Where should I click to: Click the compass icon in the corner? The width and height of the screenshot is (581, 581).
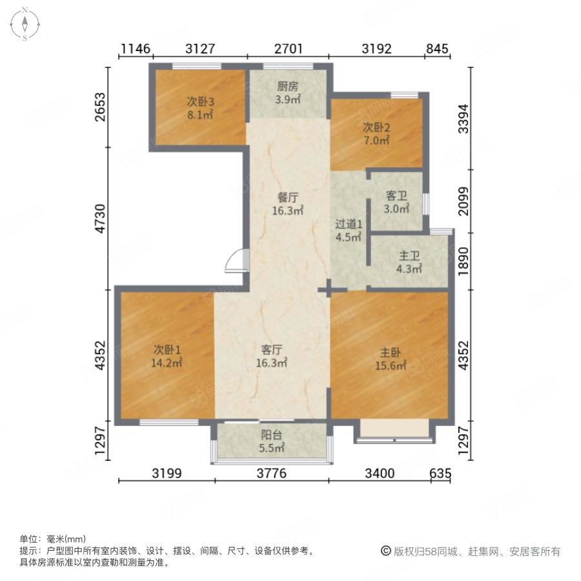coord(25,24)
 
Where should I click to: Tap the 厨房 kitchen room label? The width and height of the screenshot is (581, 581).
coord(287,87)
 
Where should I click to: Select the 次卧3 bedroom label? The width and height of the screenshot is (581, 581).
coord(200,101)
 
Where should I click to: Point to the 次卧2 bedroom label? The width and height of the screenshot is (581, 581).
coord(376,128)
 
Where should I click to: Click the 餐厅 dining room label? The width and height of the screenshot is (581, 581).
coord(287,198)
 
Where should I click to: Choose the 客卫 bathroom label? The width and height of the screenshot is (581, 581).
coord(396,196)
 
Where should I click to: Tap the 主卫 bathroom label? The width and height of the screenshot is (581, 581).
coord(409,256)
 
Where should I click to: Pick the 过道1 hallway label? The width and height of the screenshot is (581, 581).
coord(349,224)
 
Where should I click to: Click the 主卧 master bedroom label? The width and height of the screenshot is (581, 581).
coord(390,352)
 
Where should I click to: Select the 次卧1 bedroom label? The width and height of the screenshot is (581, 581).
coord(167,349)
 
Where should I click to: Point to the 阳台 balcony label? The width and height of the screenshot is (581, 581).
coord(272,434)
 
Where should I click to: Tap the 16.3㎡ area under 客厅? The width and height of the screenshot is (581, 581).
coord(272,363)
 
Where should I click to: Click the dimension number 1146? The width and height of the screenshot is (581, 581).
coord(136,48)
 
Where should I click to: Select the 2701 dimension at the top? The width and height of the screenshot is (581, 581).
coord(289,48)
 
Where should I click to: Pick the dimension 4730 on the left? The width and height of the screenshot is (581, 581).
coord(101,219)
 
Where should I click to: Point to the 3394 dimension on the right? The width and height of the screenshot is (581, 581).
coord(463,119)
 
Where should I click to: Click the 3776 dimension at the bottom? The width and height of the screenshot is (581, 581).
coord(272,473)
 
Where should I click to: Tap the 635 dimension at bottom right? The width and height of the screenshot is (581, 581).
coord(440,473)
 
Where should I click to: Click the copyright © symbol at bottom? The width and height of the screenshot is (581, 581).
coord(386,551)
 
